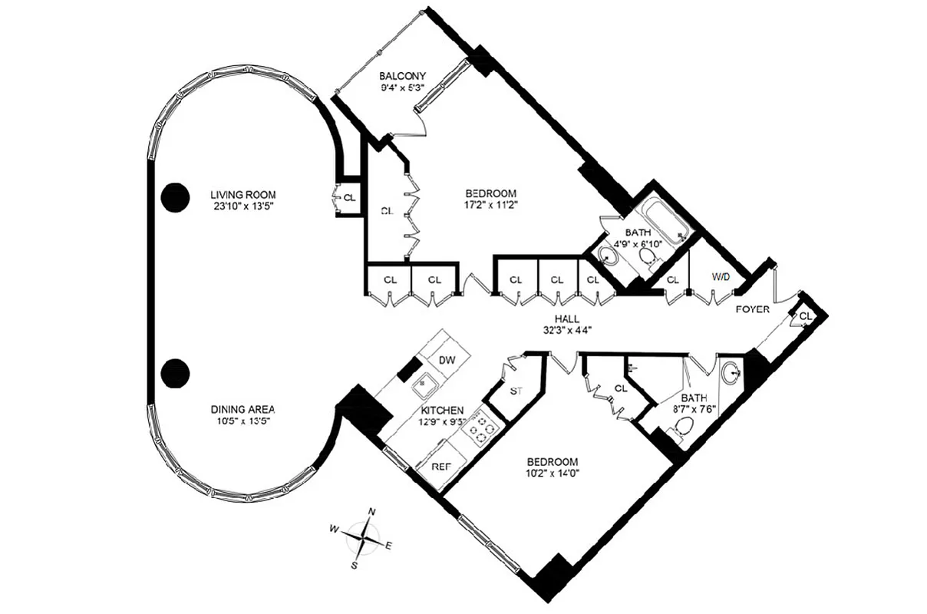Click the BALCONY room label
point(402,76)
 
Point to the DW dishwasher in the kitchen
point(447,360)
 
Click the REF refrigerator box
point(440,466)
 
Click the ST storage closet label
point(516,391)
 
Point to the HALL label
point(568,319)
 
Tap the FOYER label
point(752,309)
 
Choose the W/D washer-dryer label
point(721,276)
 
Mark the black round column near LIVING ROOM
point(175,197)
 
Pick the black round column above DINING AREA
point(175,374)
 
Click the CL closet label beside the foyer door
point(805,316)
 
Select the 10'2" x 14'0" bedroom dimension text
point(552,474)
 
